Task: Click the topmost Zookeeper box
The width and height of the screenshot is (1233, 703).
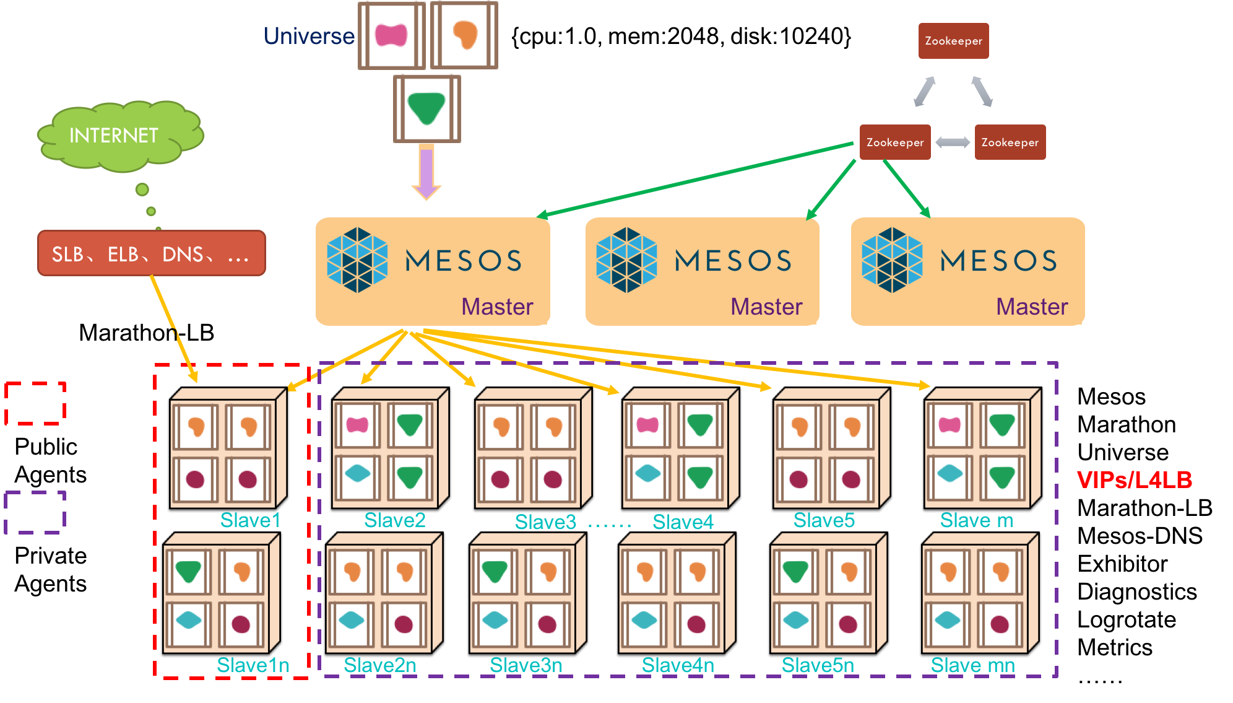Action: coord(953,41)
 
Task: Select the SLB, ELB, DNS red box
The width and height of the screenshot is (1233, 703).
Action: coord(151,253)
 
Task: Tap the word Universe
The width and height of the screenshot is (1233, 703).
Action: coord(309,36)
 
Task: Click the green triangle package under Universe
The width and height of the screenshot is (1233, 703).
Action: coord(427,108)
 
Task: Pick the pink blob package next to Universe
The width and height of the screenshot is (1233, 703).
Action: coord(392,35)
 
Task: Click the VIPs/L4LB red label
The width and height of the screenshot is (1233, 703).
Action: coord(1134,479)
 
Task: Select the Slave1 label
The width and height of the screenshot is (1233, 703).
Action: coord(250,520)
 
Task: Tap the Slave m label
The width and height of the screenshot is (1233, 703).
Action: coord(976,520)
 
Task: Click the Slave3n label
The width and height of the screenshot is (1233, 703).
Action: coord(526,665)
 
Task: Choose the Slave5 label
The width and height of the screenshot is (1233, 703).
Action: coord(824,520)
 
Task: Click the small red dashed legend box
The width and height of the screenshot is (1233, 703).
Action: coord(35,403)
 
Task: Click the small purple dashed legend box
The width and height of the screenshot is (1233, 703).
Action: coord(35,512)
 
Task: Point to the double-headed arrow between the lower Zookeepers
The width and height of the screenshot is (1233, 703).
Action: coord(953,142)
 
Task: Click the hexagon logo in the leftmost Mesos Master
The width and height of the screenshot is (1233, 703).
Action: coord(357,260)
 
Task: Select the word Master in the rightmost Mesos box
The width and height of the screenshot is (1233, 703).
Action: coord(1032,307)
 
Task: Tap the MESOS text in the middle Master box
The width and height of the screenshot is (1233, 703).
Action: coord(733,261)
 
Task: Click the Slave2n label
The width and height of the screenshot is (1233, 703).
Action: coord(380,665)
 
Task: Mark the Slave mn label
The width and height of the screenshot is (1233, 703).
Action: coord(972,665)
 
